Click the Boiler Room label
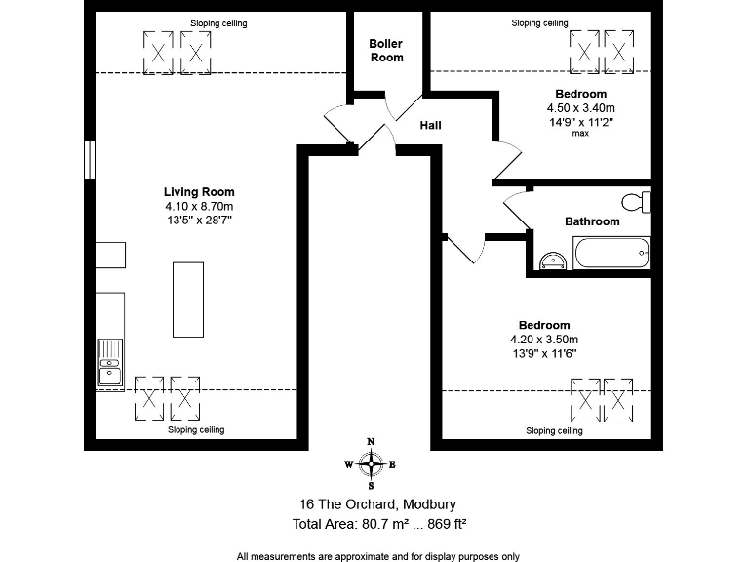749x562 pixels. [x=385, y=51]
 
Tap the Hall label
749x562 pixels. [x=431, y=126]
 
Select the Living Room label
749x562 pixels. [x=199, y=192]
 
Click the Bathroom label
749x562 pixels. [x=592, y=221]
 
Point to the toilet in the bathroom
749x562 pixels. [x=638, y=202]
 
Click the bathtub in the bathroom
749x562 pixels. [x=611, y=256]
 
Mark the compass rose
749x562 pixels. [x=371, y=464]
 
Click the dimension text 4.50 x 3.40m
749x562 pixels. [x=580, y=108]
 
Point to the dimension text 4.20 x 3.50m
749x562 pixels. [x=543, y=340]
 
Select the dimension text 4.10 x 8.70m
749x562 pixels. [x=199, y=207]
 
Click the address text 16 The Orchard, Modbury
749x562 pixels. [x=377, y=504]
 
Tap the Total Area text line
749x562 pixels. [x=379, y=524]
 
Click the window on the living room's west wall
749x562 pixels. [x=89, y=161]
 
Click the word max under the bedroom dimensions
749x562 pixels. [x=580, y=134]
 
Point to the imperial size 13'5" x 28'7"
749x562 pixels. [x=199, y=221]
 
